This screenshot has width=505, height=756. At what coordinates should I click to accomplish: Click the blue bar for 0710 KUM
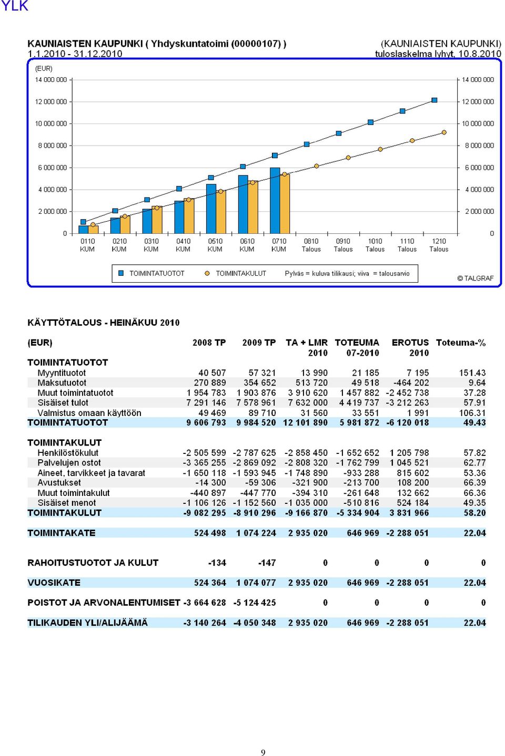pos(275,201)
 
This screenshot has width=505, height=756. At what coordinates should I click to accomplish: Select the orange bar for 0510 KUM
pos(221,212)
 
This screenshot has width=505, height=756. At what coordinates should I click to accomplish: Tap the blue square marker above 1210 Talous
pos(435,100)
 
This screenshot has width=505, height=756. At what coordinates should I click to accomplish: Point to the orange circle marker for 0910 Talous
pos(348,158)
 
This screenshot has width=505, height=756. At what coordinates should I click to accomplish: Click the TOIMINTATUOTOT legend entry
pos(152,273)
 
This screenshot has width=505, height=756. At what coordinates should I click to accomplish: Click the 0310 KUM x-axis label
pos(151,245)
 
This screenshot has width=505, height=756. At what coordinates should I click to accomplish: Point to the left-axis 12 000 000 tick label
pos(51,101)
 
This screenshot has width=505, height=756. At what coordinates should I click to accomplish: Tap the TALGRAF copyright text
pos(475,278)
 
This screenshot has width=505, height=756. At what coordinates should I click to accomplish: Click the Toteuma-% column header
pos(461,343)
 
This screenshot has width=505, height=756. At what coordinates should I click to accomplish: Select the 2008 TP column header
pos(209,343)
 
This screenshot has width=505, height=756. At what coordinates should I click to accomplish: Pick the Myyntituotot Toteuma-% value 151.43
pos(472,373)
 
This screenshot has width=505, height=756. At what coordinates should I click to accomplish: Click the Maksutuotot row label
pos(62,382)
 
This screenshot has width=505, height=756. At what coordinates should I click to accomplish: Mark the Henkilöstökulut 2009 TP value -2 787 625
pos(254,453)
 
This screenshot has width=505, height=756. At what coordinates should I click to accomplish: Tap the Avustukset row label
pos(59,483)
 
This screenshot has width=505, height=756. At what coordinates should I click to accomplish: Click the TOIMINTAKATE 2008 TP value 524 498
pos(210,533)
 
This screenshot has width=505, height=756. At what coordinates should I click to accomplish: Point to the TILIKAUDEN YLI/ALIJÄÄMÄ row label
pos(87,623)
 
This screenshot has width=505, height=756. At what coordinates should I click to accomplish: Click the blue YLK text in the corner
pos(15,6)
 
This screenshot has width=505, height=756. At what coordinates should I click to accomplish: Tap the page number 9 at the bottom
pos(263,752)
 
